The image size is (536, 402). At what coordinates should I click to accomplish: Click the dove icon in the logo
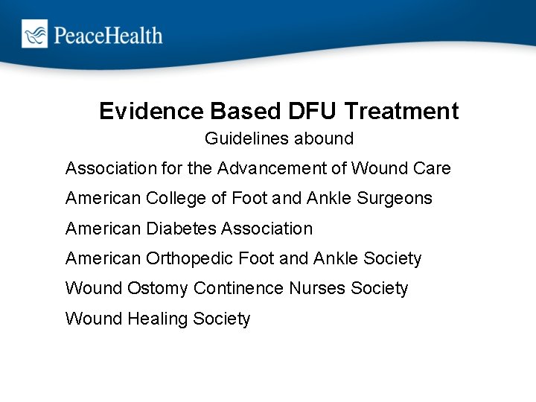[34, 33]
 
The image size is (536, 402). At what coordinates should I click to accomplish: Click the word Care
[433, 168]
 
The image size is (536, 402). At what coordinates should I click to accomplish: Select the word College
[176, 199]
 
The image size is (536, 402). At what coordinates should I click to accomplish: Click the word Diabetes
[179, 229]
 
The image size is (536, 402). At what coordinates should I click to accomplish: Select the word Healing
[158, 319]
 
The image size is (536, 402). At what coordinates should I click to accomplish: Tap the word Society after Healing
[222, 319]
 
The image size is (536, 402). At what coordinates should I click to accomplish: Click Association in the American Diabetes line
[266, 229]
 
